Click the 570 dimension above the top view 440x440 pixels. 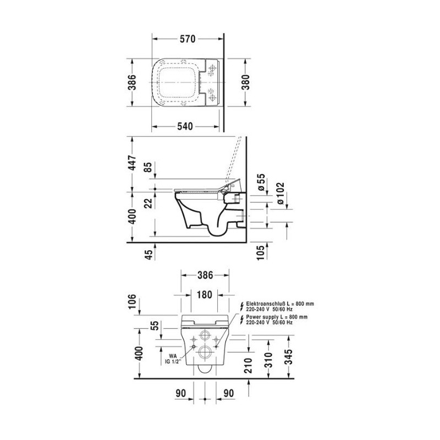click(188, 38)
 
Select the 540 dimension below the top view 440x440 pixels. click(185, 127)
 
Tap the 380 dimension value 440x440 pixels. click(245, 82)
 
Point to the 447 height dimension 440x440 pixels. click(131, 162)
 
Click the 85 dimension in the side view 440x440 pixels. click(149, 167)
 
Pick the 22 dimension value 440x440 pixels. click(149, 203)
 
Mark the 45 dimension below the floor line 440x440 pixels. click(149, 255)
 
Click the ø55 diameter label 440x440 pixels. click(261, 183)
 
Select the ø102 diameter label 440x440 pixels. click(280, 194)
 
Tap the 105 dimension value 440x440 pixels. click(261, 252)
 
